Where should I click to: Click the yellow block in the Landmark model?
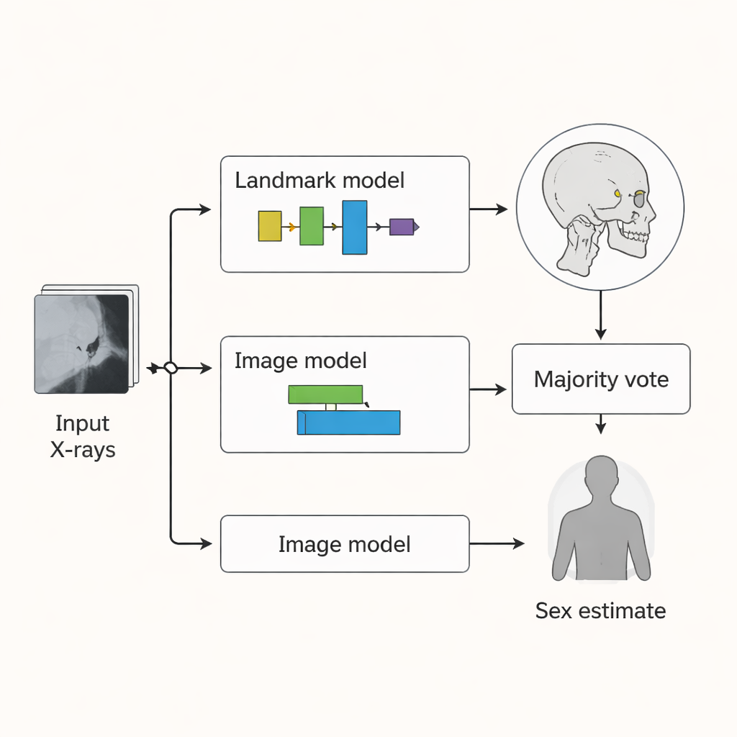click(x=270, y=226)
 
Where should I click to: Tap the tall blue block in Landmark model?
click(x=354, y=227)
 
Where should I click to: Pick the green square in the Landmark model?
click(x=312, y=226)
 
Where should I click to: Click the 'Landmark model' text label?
click(x=320, y=180)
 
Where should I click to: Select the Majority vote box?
click(x=601, y=379)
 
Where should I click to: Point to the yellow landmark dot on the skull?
click(x=618, y=193)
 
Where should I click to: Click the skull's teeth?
click(x=633, y=235)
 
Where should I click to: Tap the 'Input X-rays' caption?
click(x=83, y=436)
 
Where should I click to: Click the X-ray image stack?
click(x=83, y=343)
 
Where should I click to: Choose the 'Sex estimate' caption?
click(x=600, y=611)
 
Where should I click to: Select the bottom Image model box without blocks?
click(x=345, y=544)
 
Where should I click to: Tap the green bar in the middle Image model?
click(x=325, y=394)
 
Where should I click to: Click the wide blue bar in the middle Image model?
click(x=348, y=422)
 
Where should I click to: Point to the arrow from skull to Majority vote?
click(x=601, y=314)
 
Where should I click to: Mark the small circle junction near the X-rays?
click(x=171, y=368)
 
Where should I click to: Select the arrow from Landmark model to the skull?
click(x=488, y=209)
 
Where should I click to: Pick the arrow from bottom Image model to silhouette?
click(x=497, y=544)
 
